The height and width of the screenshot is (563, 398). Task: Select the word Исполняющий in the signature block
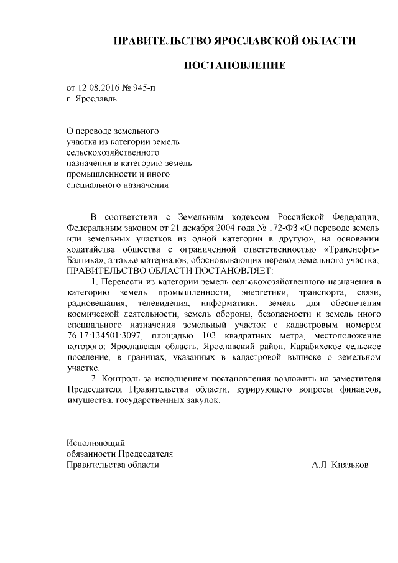(95, 443)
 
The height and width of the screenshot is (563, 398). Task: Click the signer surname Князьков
(350, 465)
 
